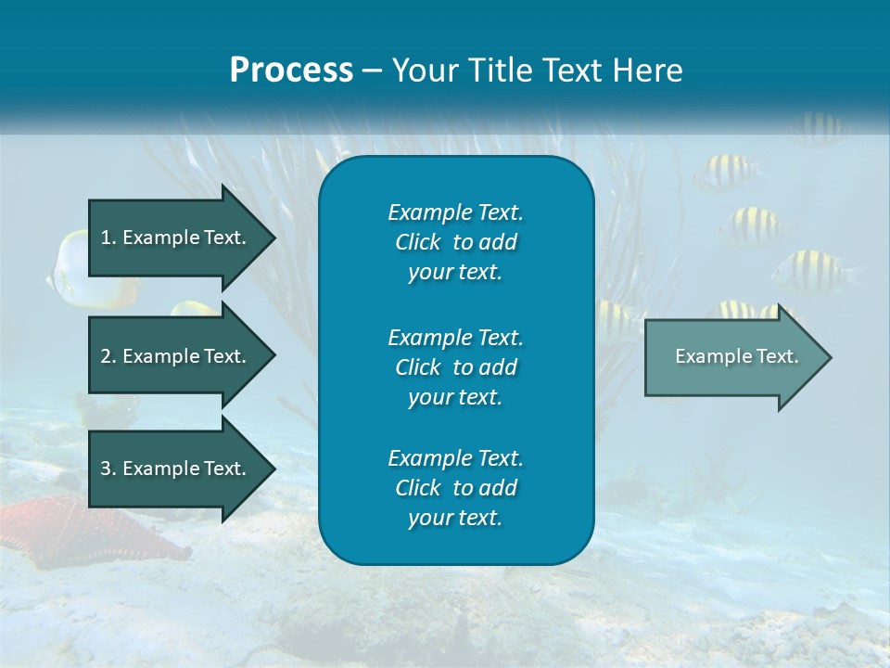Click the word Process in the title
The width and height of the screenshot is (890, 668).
pyautogui.click(x=291, y=71)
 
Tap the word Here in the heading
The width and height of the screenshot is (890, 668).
pyautogui.click(x=647, y=71)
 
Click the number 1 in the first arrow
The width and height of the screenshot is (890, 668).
pyautogui.click(x=106, y=238)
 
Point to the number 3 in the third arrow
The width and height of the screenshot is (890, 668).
pyautogui.click(x=106, y=469)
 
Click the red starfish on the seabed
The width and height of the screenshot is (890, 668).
pyautogui.click(x=56, y=529)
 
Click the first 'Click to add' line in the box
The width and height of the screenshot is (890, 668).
pyautogui.click(x=455, y=242)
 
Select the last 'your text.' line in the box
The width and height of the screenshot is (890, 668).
pyautogui.click(x=455, y=518)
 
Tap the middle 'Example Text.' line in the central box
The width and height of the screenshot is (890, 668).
pyautogui.click(x=455, y=337)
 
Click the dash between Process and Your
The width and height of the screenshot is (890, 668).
pyautogui.click(x=372, y=71)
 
